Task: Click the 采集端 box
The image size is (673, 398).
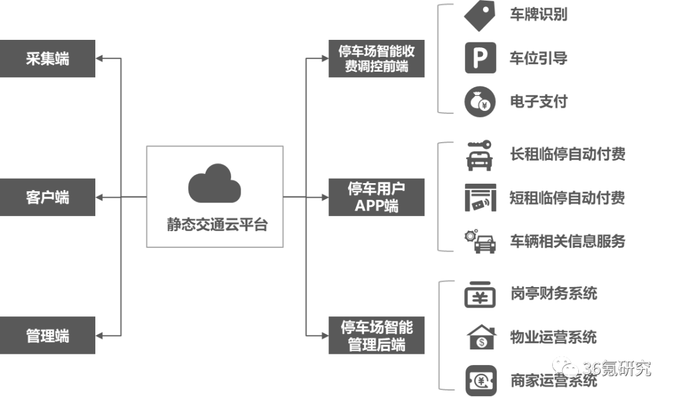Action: click(47, 59)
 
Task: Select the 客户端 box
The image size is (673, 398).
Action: click(47, 197)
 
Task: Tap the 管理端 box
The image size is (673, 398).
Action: click(47, 336)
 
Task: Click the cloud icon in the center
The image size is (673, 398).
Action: click(214, 183)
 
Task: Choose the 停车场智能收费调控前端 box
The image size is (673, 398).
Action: click(376, 59)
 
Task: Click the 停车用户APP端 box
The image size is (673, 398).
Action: click(376, 197)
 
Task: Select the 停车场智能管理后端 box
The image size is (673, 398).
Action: click(376, 336)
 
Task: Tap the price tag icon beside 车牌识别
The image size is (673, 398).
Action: click(480, 16)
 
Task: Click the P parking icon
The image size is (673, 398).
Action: click(480, 58)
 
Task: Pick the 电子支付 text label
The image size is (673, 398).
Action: click(538, 102)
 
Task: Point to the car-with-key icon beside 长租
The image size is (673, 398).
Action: click(479, 154)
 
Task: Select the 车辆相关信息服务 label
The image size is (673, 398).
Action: click(567, 241)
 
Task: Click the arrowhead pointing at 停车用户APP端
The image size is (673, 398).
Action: click(323, 197)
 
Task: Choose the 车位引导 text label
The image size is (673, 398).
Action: click(538, 59)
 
